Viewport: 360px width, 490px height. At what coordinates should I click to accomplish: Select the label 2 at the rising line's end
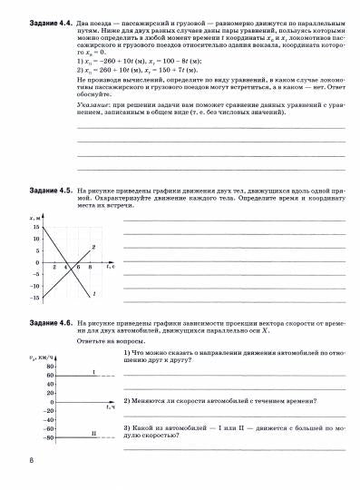click(x=94, y=247)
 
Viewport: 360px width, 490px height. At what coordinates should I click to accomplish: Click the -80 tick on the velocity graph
click(x=36, y=436)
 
